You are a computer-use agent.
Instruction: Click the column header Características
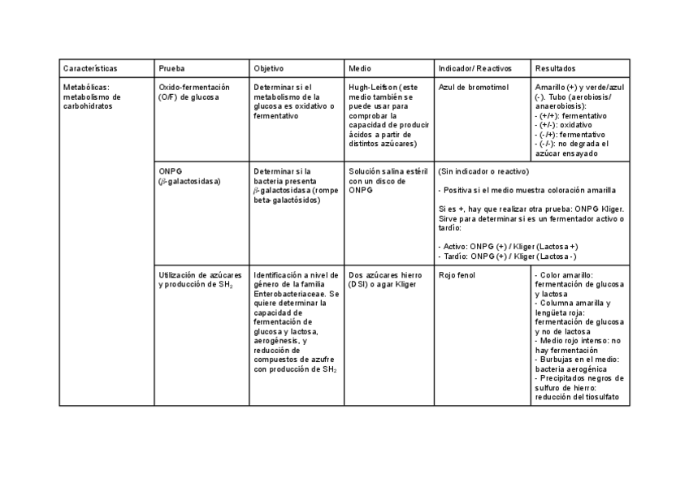click(x=90, y=68)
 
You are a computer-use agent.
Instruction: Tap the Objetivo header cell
click(x=268, y=68)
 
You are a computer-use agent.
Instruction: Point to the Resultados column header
click(x=556, y=68)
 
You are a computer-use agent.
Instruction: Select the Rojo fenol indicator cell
click(x=456, y=275)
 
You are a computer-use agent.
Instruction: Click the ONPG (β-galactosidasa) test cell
click(x=189, y=176)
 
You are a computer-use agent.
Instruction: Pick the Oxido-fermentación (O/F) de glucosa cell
click(x=194, y=92)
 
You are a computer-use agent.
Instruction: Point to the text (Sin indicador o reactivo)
click(x=483, y=171)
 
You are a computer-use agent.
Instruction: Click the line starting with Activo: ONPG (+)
click(x=508, y=246)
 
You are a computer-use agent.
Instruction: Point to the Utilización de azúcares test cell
click(x=200, y=279)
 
